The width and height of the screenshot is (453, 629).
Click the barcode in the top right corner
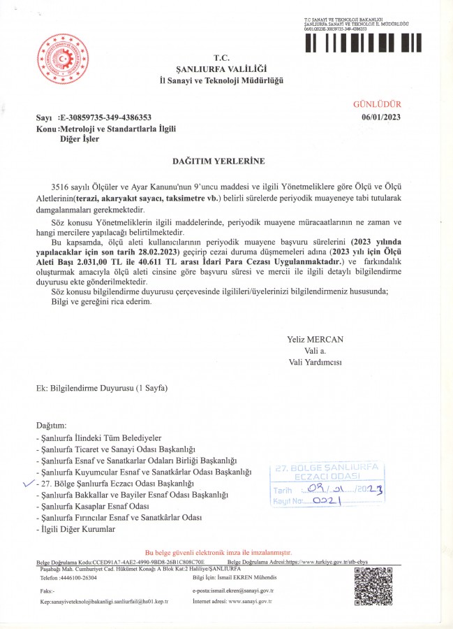(363, 43)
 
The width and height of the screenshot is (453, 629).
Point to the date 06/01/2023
(381, 117)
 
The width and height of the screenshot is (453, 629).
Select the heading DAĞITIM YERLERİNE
(218, 161)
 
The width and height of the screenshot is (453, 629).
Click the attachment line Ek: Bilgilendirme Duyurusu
(102, 388)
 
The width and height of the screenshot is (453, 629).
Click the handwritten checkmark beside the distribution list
(29, 482)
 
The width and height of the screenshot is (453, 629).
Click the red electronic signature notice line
(223, 552)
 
